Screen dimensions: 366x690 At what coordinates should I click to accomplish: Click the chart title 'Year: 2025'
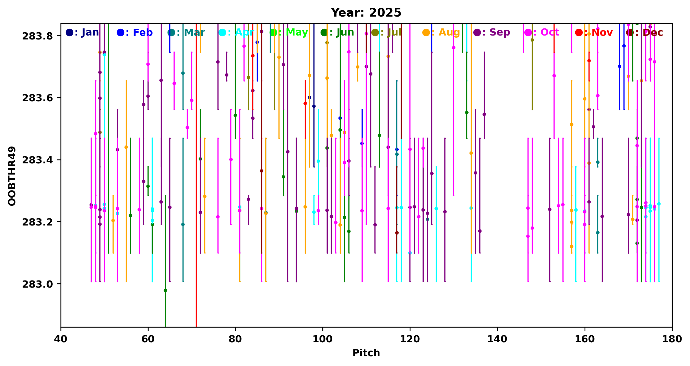pyautogui.click(x=366, y=13)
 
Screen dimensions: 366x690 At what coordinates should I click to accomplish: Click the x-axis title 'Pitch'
pyautogui.click(x=366, y=353)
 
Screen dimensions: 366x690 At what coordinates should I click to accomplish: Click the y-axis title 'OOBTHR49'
pyautogui.click(x=12, y=176)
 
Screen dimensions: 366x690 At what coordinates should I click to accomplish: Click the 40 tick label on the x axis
pyautogui.click(x=61, y=339)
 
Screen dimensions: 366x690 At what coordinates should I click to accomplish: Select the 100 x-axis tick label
pyautogui.click(x=322, y=339)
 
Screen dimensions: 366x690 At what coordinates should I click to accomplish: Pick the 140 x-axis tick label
pyautogui.click(x=497, y=339)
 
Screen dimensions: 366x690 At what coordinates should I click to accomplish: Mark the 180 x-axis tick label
pyautogui.click(x=672, y=339)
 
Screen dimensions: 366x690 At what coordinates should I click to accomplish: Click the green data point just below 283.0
pyautogui.click(x=165, y=290)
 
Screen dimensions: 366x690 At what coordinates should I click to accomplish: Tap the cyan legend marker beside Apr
pyautogui.click(x=222, y=32)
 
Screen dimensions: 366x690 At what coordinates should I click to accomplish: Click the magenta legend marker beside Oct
pyautogui.click(x=528, y=32)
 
